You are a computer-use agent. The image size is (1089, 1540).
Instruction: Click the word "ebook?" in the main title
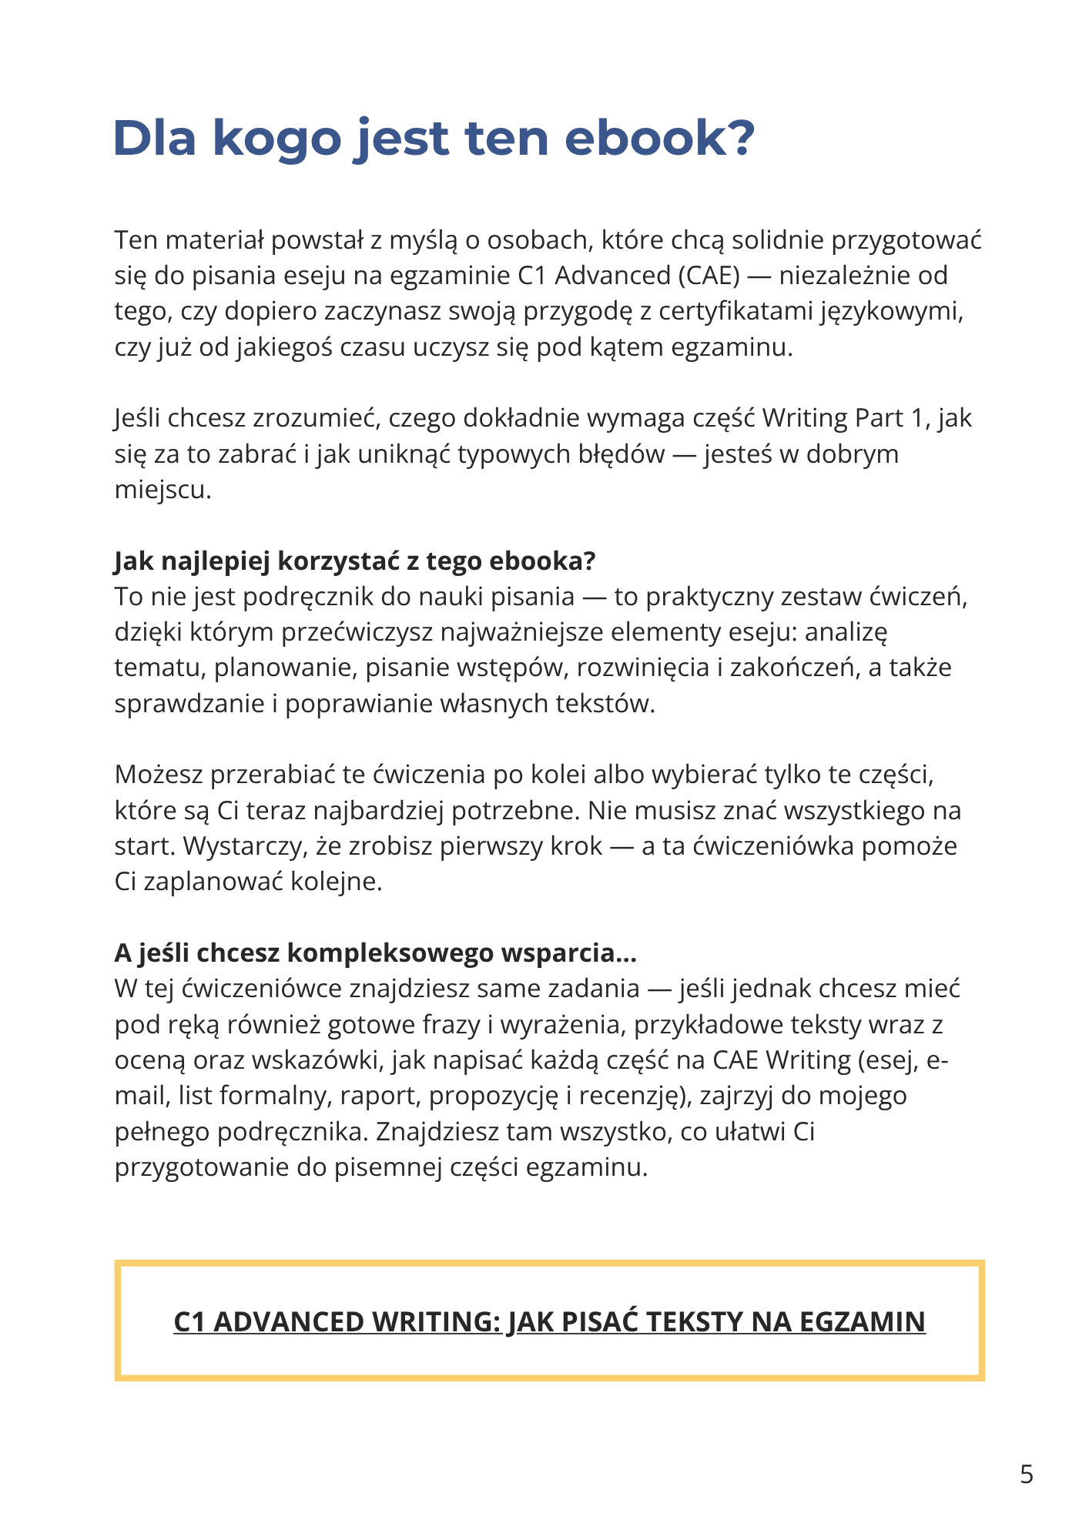pos(659,138)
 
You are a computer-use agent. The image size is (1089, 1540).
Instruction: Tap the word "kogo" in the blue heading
pos(276,138)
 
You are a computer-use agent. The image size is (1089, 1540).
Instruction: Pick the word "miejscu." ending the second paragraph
pos(163,490)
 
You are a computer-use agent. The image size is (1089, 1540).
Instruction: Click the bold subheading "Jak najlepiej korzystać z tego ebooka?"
pos(355,561)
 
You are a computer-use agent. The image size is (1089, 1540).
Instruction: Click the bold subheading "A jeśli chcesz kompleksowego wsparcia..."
pos(375,953)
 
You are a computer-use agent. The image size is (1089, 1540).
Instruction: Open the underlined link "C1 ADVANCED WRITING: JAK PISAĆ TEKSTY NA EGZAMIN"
pos(549,1321)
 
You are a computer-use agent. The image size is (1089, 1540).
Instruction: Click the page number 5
pos(1026,1475)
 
